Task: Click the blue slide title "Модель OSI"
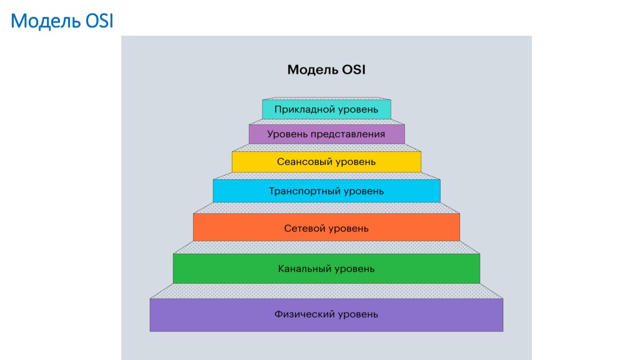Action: [62, 21]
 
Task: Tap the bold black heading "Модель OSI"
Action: [326, 70]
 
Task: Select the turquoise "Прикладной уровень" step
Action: [326, 109]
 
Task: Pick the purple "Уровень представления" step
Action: [326, 134]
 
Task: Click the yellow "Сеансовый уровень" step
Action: [326, 162]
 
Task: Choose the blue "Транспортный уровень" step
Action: [326, 191]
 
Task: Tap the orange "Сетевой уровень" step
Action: [326, 227]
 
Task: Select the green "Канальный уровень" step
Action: [326, 269]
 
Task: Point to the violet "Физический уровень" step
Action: [326, 315]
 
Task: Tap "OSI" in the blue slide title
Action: [99, 21]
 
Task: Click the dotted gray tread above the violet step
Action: [326, 291]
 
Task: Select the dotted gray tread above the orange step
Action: [326, 207]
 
